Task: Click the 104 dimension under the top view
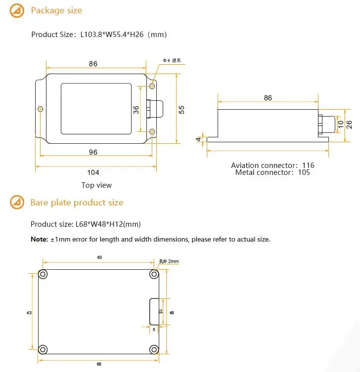point(93,172)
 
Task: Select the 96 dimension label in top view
point(93,152)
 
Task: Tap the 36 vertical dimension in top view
point(136,110)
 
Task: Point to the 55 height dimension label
point(181,110)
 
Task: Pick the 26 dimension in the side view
point(349,123)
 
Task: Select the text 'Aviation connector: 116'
point(272,165)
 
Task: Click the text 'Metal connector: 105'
point(272,172)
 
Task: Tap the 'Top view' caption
point(96,185)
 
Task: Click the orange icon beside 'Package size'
point(17,10)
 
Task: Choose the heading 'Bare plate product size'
point(77,203)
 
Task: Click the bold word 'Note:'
point(39,239)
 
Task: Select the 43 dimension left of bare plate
point(29,312)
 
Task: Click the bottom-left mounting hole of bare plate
point(44,348)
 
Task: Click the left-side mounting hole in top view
point(41,109)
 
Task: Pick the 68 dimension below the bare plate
point(99,365)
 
